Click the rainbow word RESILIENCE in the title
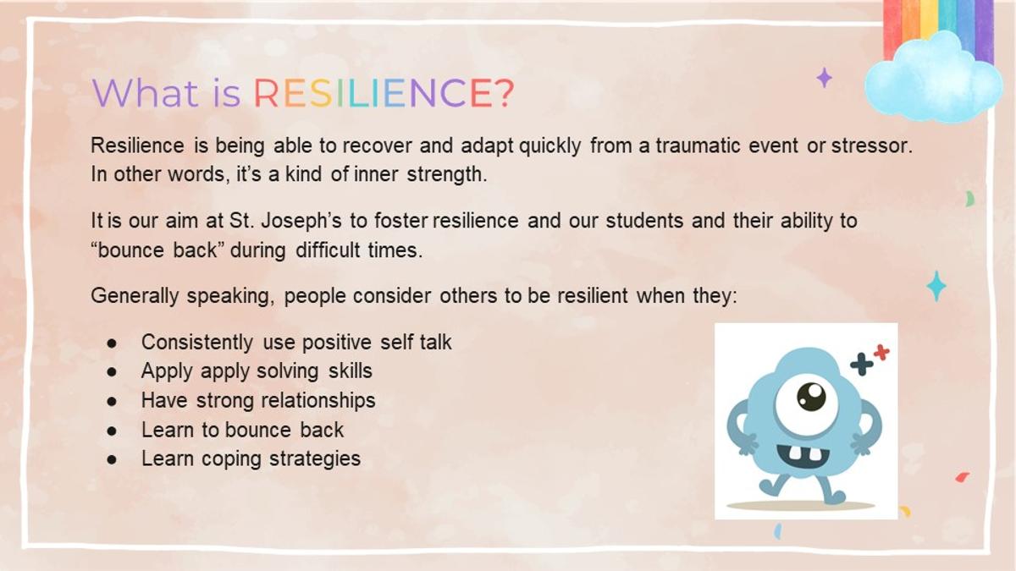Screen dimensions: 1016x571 (x=373, y=93)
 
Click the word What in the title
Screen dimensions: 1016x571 (x=145, y=93)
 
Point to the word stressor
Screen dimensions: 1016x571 (x=871, y=145)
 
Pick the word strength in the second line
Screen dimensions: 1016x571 (x=447, y=174)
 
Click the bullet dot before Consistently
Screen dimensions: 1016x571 (x=112, y=343)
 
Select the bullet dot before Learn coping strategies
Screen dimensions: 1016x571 (x=112, y=459)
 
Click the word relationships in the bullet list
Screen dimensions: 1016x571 (x=318, y=401)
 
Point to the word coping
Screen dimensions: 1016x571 (x=231, y=458)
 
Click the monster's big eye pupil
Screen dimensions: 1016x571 (x=811, y=397)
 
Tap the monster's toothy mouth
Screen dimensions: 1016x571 (x=803, y=454)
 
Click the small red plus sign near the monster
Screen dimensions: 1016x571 (x=881, y=352)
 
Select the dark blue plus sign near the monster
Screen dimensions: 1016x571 (x=862, y=365)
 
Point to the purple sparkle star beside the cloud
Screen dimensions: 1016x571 (x=824, y=78)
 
